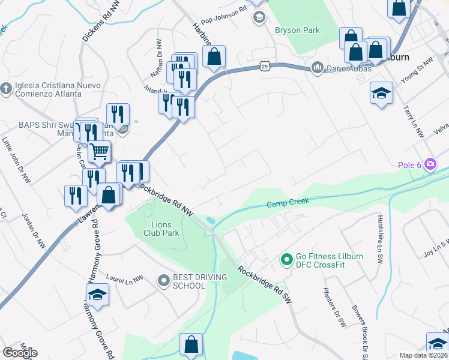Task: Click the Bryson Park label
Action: tap(297, 30)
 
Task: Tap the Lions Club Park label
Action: tap(161, 229)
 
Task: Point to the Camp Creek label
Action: tap(288, 203)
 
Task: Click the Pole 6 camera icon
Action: tap(430, 164)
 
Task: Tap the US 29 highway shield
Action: tap(265, 67)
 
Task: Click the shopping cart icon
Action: tap(99, 152)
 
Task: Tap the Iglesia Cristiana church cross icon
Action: tap(6, 89)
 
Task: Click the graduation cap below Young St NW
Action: tap(381, 93)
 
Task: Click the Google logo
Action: tap(20, 352)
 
